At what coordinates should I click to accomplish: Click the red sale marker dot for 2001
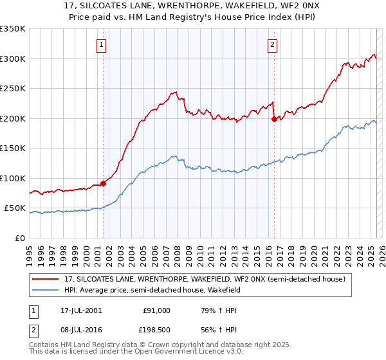point(103,184)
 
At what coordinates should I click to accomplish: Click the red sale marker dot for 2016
point(273,119)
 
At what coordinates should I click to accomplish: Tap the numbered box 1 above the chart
point(103,44)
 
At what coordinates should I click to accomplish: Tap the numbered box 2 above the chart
point(273,44)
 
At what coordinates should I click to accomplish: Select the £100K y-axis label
point(13,178)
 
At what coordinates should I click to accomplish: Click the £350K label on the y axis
point(13,29)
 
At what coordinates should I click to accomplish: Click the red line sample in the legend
point(46,279)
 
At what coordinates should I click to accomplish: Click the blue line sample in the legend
point(46,291)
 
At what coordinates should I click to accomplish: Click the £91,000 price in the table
point(156,310)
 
